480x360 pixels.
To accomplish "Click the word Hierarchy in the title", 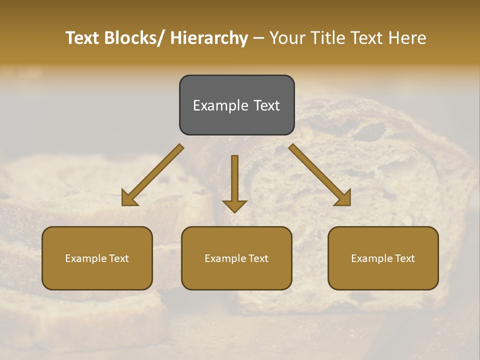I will tap(208, 38).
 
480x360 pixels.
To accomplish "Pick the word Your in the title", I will tap(286, 38).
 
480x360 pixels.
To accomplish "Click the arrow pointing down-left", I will tap(152, 175).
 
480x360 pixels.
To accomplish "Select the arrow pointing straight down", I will tap(234, 182).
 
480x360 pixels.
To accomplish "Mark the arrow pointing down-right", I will tap(320, 175).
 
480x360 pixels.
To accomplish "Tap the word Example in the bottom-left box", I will tap(86, 258).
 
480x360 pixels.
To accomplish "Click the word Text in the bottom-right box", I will tap(405, 258).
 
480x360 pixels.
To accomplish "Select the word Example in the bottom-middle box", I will tap(225, 258).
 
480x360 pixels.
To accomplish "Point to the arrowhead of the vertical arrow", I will tap(234, 206).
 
